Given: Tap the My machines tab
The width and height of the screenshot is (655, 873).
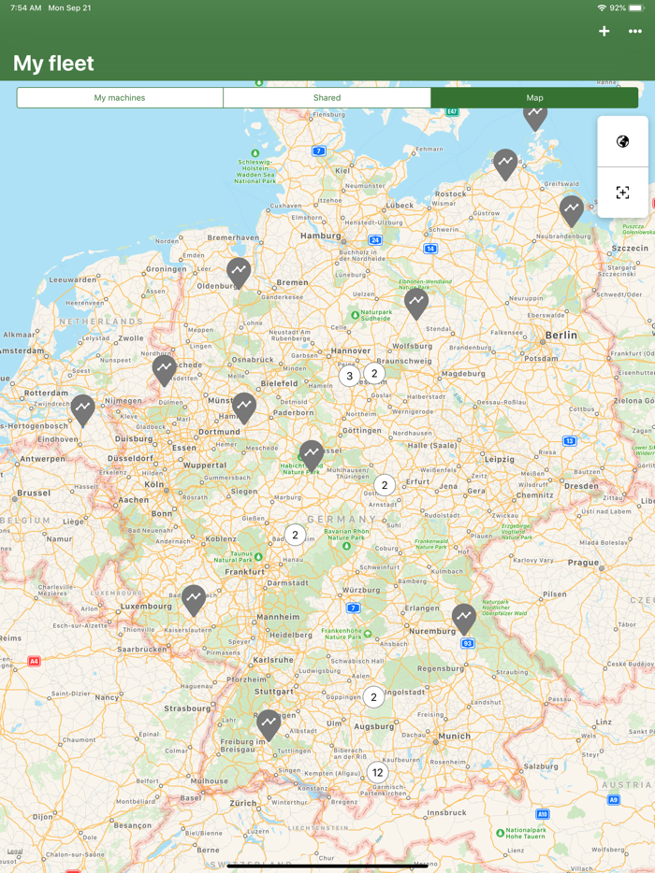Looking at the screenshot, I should pyautogui.click(x=120, y=98).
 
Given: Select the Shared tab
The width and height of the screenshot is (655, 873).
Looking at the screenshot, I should pyautogui.click(x=327, y=98).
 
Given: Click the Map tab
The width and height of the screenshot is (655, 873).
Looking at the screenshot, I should pyautogui.click(x=534, y=98).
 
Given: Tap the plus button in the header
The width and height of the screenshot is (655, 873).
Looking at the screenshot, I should pyautogui.click(x=604, y=31).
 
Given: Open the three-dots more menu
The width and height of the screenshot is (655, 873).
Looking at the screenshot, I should pyautogui.click(x=635, y=31).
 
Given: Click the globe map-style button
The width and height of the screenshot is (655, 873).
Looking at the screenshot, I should pyautogui.click(x=622, y=142).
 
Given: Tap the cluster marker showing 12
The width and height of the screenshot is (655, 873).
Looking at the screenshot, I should pyautogui.click(x=377, y=772).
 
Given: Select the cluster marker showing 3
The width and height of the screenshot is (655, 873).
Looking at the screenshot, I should pyautogui.click(x=349, y=377).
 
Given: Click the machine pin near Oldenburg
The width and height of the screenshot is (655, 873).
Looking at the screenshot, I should pyautogui.click(x=239, y=272).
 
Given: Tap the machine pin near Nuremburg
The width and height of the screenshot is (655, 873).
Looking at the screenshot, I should pyautogui.click(x=464, y=617).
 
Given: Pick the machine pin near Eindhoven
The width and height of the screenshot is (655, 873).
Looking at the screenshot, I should pyautogui.click(x=83, y=408).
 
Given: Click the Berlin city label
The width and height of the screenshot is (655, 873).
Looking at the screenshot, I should pyautogui.click(x=561, y=335).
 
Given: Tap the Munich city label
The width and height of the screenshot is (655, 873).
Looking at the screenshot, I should pyautogui.click(x=455, y=737).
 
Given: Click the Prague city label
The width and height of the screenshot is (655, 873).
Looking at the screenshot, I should pyautogui.click(x=583, y=563).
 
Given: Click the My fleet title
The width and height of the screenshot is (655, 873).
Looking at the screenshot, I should pyautogui.click(x=53, y=64).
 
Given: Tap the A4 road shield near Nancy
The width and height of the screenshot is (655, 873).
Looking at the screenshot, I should pyautogui.click(x=34, y=661).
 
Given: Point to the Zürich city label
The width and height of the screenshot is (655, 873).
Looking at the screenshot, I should pyautogui.click(x=243, y=803).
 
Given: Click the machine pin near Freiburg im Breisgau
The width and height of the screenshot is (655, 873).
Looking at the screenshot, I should pyautogui.click(x=269, y=723).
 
